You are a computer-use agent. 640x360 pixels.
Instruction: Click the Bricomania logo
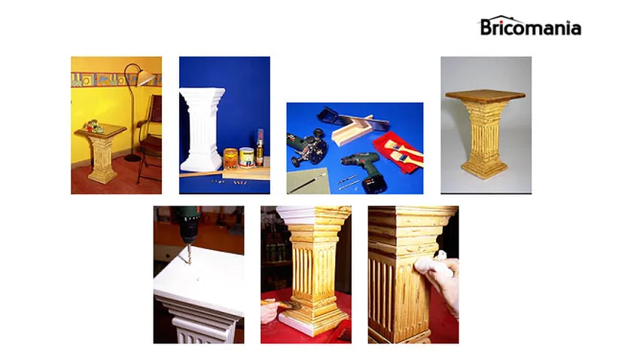pos(530,26)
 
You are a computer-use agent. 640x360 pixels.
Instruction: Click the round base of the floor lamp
pos(133,157)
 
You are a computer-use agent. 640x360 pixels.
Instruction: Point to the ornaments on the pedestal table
pos(95,127)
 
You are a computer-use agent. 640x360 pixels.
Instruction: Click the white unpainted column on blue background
pos(202,130)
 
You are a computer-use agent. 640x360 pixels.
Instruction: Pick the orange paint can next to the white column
pos(230,158)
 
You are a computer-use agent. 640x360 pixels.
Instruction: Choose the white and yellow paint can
pos(246,157)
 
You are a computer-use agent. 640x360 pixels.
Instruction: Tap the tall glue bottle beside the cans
pos(260,147)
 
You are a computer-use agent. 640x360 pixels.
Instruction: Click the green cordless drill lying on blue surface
pos(361,167)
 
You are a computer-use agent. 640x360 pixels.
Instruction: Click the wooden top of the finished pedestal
pos(485,96)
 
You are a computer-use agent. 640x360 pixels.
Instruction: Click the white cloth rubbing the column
pos(431,264)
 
